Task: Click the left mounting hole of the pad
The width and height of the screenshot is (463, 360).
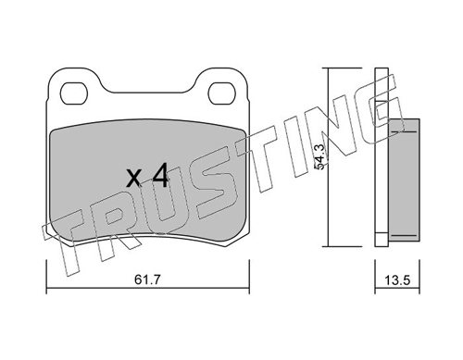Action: [x=74, y=93]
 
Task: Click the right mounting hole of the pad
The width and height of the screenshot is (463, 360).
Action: [x=221, y=93]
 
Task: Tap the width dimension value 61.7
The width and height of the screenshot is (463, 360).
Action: [x=148, y=280]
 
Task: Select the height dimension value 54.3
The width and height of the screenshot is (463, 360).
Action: [x=320, y=157]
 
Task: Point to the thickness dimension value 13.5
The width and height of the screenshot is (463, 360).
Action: [x=397, y=280]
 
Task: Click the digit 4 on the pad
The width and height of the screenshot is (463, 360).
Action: [x=160, y=175]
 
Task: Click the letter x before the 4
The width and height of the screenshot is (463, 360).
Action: [x=134, y=179]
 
